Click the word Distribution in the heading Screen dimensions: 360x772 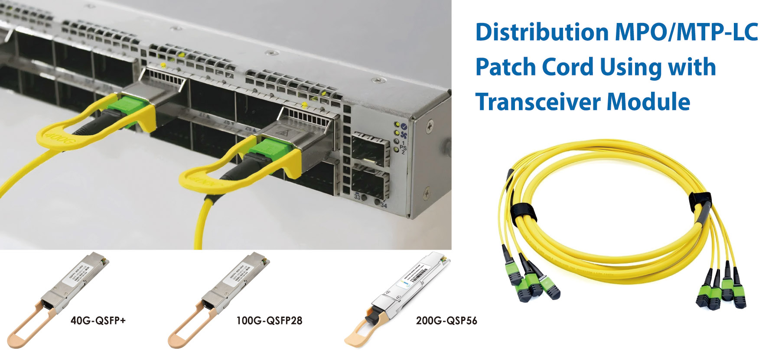(542, 32)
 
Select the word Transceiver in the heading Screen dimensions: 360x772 (537, 102)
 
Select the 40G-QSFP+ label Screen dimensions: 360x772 (98, 321)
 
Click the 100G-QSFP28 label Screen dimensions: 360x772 (269, 321)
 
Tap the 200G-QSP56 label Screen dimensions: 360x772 (446, 321)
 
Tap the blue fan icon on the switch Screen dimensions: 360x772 (404, 134)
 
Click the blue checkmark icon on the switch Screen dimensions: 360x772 (404, 126)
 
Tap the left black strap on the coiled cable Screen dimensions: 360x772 (524, 212)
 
